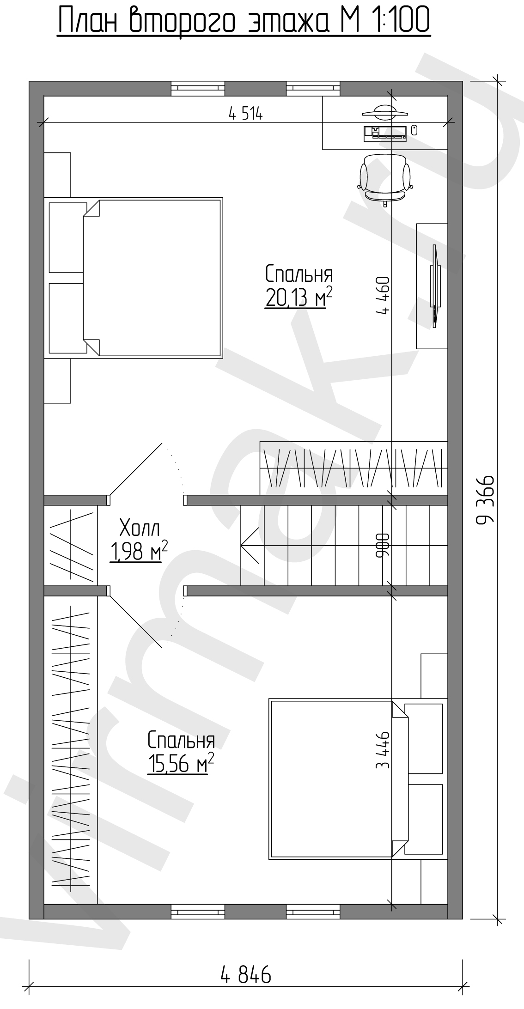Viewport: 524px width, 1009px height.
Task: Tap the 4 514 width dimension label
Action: tap(245, 114)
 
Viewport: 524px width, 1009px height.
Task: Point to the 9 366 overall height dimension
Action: tap(485, 499)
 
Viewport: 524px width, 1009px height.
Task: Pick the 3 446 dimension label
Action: tap(383, 750)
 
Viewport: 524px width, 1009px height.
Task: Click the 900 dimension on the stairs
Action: tap(383, 545)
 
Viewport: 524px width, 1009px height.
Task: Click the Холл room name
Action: tap(139, 528)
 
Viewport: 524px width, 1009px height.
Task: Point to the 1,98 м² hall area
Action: tap(138, 552)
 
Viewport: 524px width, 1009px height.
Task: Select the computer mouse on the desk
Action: tap(414, 130)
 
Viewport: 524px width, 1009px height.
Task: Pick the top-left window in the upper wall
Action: tap(198, 88)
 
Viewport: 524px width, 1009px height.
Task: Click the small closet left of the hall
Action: tap(71, 545)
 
